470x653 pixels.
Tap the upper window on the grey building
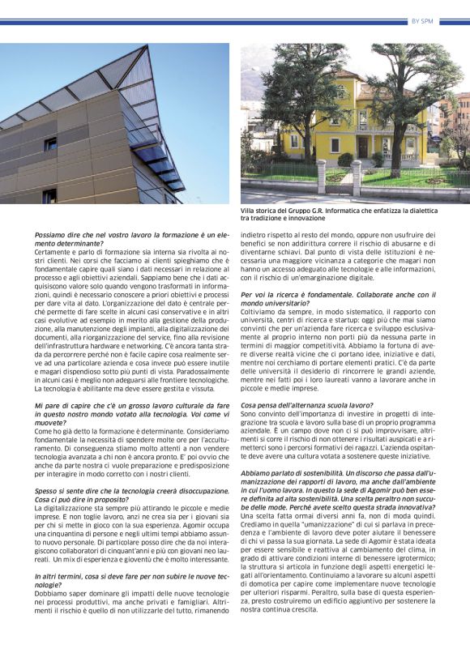[50, 144]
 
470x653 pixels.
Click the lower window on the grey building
[49, 195]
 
